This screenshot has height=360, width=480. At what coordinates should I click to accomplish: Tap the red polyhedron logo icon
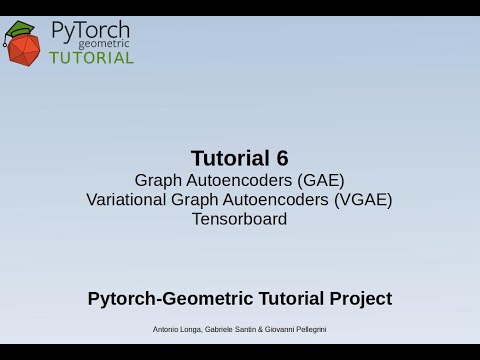coord(22,44)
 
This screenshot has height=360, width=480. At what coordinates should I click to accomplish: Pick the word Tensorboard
coord(239,218)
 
